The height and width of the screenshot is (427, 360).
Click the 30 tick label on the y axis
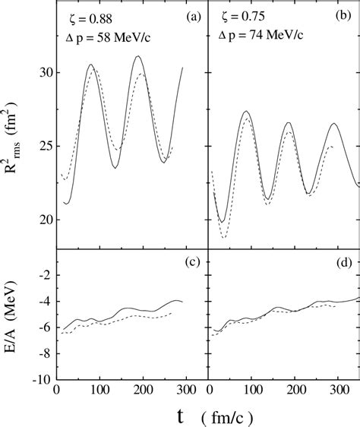coord(44,72)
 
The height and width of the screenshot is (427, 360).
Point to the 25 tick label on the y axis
coord(44,146)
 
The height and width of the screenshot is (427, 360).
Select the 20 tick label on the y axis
coord(44,220)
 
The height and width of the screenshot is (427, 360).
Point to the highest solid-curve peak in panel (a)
coord(137,56)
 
